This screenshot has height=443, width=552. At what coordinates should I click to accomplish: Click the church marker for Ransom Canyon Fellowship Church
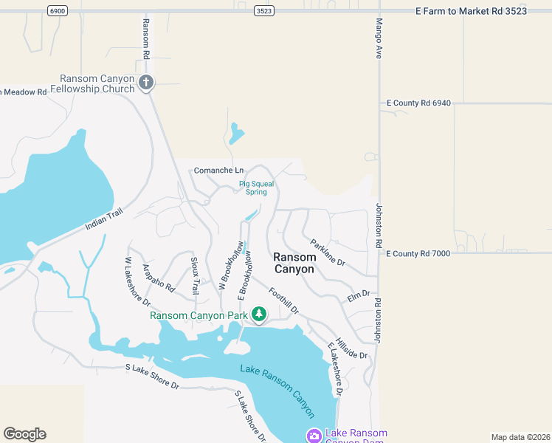(146, 81)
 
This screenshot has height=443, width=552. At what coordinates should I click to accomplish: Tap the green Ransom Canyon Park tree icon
(259, 315)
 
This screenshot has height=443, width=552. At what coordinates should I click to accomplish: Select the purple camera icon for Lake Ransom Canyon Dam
(314, 436)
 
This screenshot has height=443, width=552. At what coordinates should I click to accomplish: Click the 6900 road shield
(57, 10)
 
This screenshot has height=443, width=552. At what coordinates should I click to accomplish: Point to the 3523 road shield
(263, 10)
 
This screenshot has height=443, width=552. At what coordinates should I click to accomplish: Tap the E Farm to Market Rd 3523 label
(471, 10)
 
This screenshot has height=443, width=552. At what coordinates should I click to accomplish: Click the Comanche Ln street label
(218, 171)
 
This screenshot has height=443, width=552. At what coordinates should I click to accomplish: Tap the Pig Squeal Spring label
(252, 188)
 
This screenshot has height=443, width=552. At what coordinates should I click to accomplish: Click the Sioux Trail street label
(195, 276)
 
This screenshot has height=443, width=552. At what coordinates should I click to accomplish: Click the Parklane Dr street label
(328, 253)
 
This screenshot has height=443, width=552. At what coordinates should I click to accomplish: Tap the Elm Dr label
(359, 296)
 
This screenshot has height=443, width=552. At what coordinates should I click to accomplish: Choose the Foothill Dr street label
(283, 301)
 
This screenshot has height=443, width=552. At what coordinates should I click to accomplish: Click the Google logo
(24, 434)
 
